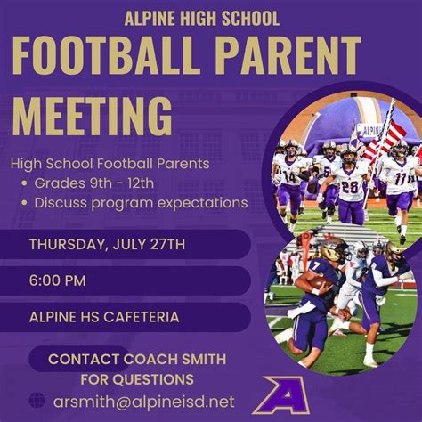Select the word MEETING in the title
(93, 117)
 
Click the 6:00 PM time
(58, 280)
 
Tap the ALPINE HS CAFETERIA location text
(105, 316)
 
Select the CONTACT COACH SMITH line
(136, 358)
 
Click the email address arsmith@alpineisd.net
(143, 402)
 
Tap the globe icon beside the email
(37, 401)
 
